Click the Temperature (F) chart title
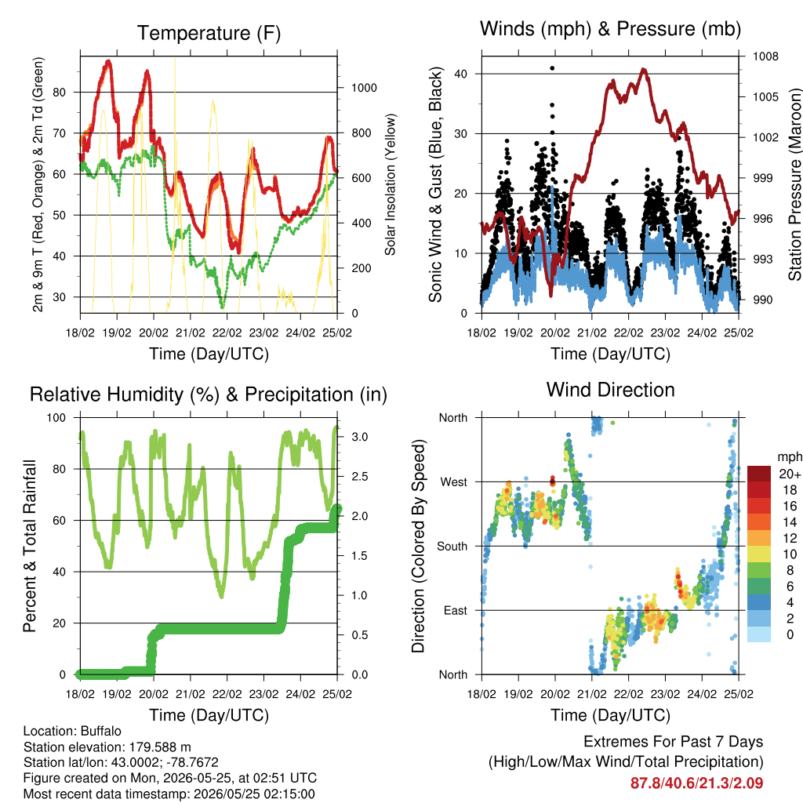pos(209,33)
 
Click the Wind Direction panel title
pos(610,390)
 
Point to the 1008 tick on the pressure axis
pos(765,56)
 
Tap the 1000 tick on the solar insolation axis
pos(364,88)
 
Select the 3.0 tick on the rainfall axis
pos(359,437)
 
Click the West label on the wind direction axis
pos(453,482)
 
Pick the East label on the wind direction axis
pos(456,610)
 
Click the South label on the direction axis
pos(452,547)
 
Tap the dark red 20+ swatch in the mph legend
pos(758,473)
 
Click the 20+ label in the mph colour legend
pos(789,474)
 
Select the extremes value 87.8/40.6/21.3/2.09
pos(696,783)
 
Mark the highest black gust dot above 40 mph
pos(551,68)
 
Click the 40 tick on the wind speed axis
pos(460,74)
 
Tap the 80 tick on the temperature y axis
pos(59,93)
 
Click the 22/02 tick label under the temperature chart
pos(227,332)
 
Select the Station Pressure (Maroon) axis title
pos(794,184)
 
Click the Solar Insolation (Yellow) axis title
pos(391,184)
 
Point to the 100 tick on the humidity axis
pos(56,418)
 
